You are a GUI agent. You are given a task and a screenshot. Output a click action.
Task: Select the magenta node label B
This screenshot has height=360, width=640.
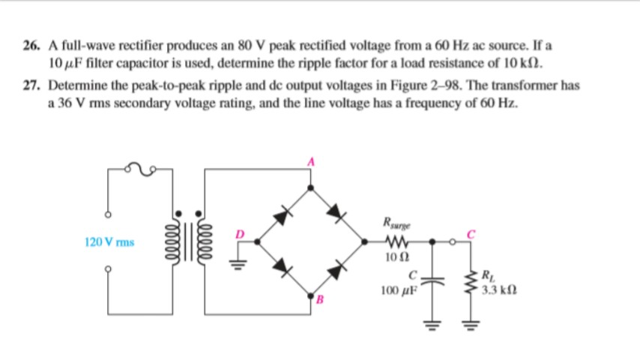[x=317, y=301]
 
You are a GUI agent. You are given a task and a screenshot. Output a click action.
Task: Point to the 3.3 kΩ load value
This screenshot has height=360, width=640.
[x=498, y=289]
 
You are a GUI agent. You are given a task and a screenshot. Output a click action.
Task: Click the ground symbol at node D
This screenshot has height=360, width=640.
[x=244, y=262]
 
